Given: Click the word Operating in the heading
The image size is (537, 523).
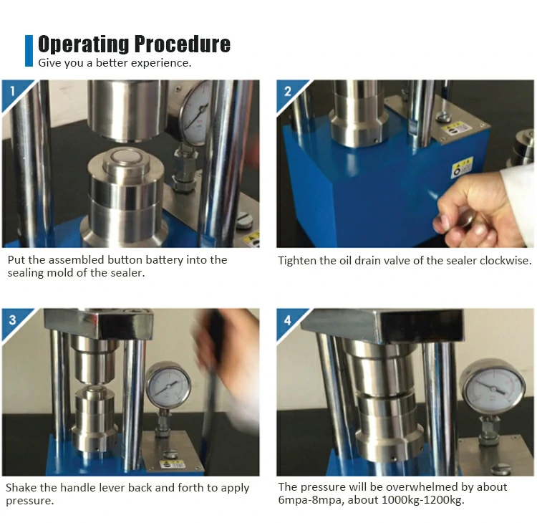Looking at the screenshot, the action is coord(84,44).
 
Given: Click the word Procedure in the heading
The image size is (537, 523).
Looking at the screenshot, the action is coord(182,44).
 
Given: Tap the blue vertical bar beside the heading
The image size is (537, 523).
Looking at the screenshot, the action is coord(29,51).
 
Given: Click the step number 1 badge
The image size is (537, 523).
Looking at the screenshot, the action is coord(13,91).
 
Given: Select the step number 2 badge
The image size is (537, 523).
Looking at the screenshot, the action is coord(288,91).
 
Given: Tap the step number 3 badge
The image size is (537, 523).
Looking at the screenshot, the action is coord(13,320).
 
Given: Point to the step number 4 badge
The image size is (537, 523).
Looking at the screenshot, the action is coord(288,320).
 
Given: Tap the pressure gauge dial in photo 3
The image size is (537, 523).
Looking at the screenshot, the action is coord(168,385).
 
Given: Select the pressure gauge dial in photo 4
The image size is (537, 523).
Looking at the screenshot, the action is coord(493,388).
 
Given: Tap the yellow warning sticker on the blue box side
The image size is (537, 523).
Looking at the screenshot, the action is coord(462,167).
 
